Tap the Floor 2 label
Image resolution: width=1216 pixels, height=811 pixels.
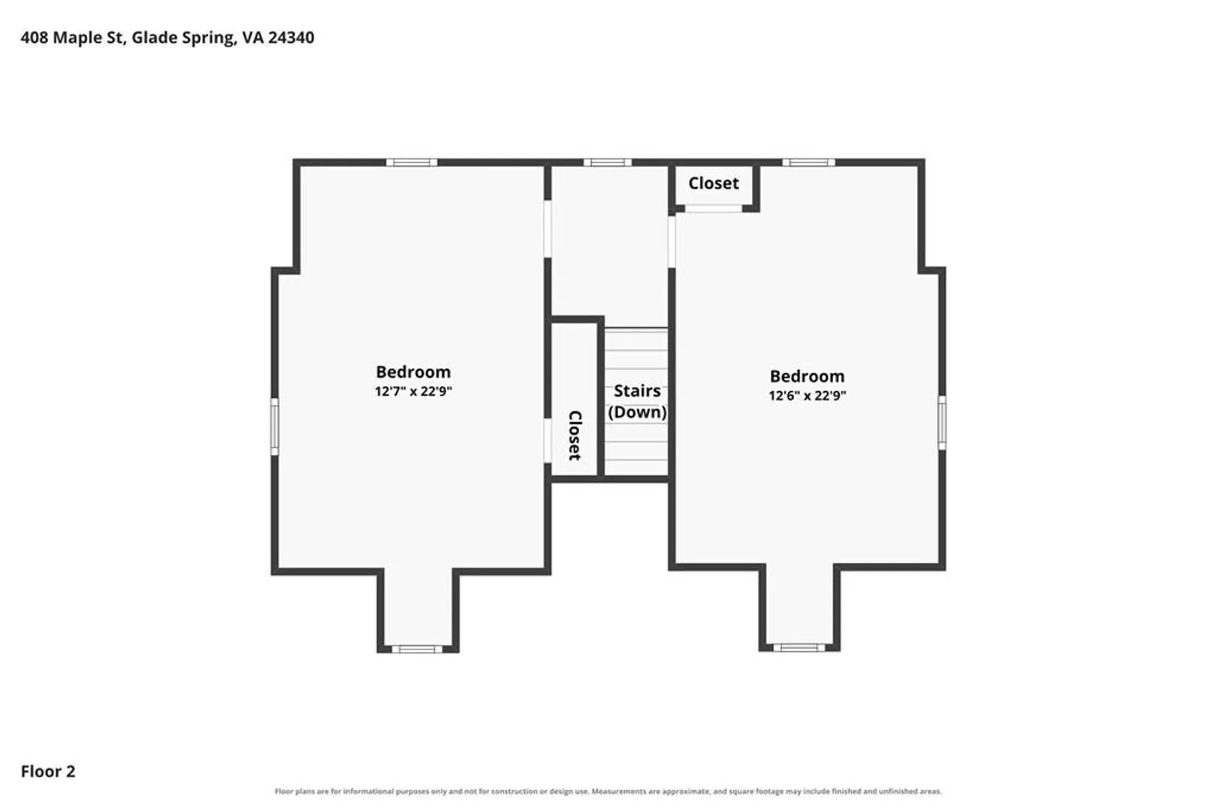click(x=48, y=771)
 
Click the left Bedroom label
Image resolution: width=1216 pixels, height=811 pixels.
click(x=413, y=372)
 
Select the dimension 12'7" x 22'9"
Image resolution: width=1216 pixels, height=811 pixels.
click(x=413, y=391)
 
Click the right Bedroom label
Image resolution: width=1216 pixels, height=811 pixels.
click(x=807, y=376)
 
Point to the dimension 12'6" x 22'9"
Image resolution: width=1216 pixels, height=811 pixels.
click(x=807, y=396)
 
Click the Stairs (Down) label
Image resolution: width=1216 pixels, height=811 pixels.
click(x=638, y=401)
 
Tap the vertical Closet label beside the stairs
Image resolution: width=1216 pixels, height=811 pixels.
click(x=575, y=436)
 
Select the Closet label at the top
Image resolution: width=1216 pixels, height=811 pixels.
click(x=714, y=183)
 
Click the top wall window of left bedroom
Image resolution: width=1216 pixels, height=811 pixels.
click(x=412, y=162)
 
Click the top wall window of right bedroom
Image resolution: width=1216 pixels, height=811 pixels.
click(x=808, y=162)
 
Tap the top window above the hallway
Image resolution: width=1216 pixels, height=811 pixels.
click(x=608, y=162)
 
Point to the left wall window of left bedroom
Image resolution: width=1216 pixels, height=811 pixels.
click(x=275, y=427)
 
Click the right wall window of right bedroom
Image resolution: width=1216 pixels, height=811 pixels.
click(x=942, y=423)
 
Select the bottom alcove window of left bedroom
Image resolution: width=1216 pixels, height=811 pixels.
click(x=417, y=650)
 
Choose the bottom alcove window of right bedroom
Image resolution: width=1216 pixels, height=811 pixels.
click(x=799, y=647)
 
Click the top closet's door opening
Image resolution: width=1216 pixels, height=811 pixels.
click(x=714, y=209)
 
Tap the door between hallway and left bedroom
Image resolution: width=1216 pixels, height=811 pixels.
click(x=548, y=229)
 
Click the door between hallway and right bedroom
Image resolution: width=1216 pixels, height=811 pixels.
click(x=671, y=242)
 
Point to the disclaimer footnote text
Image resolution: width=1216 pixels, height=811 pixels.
click(x=608, y=791)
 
